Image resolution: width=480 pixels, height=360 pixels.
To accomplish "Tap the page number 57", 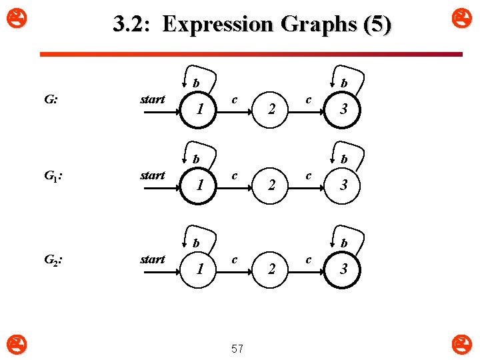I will [237, 348].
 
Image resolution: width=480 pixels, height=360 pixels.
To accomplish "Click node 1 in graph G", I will [199, 109].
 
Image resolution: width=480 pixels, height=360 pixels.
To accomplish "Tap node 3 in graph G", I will [343, 109].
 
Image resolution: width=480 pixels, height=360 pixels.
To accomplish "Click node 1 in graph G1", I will [199, 185].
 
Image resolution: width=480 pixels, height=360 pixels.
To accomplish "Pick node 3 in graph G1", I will [343, 185].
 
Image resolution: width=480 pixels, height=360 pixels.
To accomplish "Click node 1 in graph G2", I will [199, 269].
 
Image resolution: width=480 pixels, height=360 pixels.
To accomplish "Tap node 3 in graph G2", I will [343, 269].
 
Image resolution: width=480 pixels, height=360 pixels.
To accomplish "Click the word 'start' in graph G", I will [153, 99].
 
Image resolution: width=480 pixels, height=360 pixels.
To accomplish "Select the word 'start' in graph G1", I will [153, 175].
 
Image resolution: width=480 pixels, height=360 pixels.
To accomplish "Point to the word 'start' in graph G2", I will [153, 259].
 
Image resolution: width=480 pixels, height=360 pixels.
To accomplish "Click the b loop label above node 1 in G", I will [195, 83].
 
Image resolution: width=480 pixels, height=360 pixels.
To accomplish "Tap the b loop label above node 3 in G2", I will [343, 243].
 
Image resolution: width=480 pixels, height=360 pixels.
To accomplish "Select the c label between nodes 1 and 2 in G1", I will [235, 175].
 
